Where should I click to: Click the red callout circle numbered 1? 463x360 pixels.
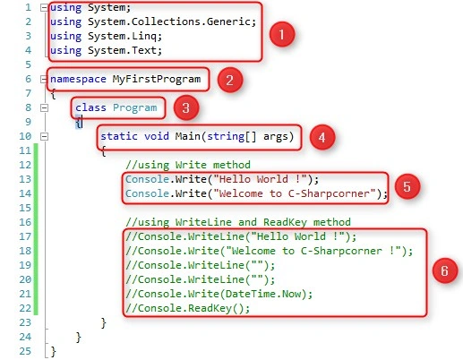(282, 34)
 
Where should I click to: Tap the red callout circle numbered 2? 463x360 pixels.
(230, 80)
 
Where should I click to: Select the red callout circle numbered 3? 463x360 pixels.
(186, 107)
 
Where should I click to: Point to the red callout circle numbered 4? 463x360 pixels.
(322, 137)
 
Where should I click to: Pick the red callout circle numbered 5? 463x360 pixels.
(407, 186)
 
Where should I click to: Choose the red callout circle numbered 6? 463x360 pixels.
(445, 270)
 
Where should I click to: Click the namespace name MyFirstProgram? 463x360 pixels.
(157, 80)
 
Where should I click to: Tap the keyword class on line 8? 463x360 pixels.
(90, 107)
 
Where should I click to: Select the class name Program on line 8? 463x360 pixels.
(135, 108)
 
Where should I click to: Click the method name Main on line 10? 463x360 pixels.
(187, 136)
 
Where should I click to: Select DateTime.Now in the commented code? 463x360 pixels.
(263, 294)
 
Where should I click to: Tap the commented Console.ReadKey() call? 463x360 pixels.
(187, 308)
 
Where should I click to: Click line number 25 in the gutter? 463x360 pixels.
(25, 351)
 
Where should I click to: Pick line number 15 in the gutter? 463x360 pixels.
(25, 208)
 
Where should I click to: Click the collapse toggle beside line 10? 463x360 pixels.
(44, 136)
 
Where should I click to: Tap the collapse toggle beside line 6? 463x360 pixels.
(44, 79)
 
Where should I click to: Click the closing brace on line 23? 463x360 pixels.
(104, 322)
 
